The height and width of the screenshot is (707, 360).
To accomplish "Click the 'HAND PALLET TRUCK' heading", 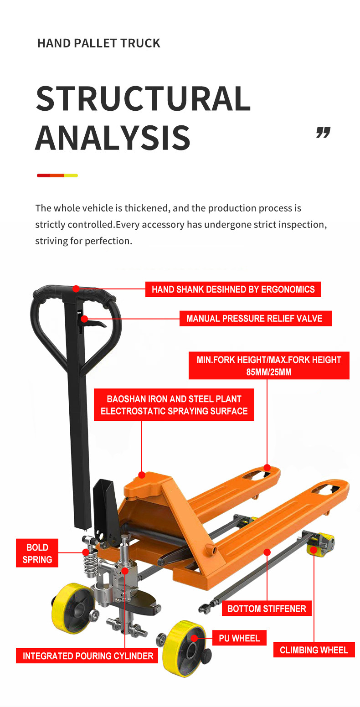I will tap(98, 44).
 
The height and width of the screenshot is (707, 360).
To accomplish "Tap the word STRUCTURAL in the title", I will tap(143, 98).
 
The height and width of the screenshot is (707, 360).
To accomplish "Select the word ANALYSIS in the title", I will tap(113, 137).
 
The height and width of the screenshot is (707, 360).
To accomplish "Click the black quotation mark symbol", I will tap(323, 133).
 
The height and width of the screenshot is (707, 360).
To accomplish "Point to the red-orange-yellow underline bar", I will tap(57, 175).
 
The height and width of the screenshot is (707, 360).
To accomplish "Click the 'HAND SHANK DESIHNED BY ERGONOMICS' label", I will tap(233, 289).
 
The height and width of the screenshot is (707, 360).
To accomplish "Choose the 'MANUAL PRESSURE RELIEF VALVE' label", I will tap(254, 318).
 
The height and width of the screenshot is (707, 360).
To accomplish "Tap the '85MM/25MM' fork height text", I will tap(269, 372).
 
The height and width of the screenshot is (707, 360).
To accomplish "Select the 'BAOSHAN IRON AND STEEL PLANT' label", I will tap(174, 399).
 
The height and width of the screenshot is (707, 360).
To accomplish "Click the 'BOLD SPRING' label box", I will tap(37, 553).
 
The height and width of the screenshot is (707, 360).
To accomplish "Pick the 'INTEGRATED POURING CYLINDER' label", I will tap(88, 656).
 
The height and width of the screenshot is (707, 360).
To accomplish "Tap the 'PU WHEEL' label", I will tap(239, 638).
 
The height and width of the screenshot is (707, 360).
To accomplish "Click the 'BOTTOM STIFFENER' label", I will tap(267, 609).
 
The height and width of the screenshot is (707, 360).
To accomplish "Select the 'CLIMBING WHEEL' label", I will tap(314, 650).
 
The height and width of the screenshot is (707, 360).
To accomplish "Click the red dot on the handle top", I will tap(76, 289).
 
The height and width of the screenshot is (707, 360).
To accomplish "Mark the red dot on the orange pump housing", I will tap(142, 475).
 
